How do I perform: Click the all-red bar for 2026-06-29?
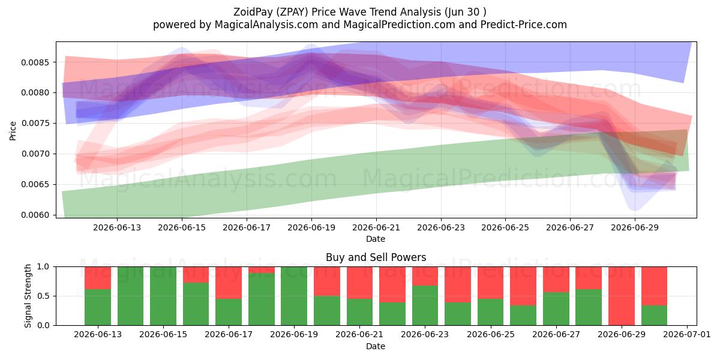coord(622,296)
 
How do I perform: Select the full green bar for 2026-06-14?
coord(131,296)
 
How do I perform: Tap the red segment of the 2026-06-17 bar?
coord(229,283)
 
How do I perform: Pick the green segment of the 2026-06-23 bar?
coord(425,305)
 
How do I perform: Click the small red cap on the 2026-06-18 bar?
coord(262,269)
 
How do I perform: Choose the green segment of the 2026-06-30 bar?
coord(654,316)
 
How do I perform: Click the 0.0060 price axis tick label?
coord(35,215)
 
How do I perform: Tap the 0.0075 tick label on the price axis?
coord(35,124)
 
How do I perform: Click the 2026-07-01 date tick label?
coord(687,335)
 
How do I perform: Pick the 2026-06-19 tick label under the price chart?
coord(311,227)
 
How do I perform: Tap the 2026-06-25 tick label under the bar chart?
coord(491,335)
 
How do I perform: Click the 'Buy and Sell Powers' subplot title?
coord(376,257)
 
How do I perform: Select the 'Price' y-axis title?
coord(13,131)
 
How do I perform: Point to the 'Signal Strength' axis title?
coord(28,296)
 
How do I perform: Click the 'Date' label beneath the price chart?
coord(376,239)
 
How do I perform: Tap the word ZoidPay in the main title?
coord(253,12)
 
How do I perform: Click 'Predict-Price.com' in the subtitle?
coord(524,25)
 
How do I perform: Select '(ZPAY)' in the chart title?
coord(292,12)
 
